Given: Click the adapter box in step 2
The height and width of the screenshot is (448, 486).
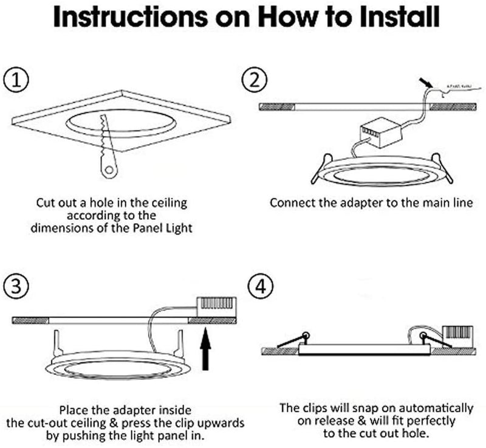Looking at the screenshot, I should point(377,133).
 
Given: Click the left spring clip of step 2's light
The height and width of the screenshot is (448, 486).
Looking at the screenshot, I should point(317,174).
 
